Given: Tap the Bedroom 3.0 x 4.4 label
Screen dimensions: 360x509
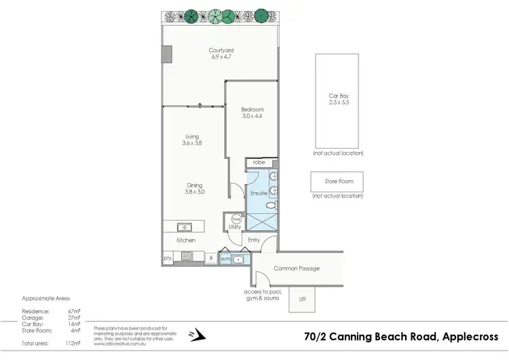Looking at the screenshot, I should (252, 113).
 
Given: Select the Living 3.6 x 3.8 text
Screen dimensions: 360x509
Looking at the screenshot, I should (192, 140).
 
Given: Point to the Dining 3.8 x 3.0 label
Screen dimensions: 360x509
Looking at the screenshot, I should (195, 188).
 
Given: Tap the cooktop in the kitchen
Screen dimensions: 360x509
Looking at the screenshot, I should (187, 256).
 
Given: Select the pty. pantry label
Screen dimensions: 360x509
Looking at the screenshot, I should (167, 258).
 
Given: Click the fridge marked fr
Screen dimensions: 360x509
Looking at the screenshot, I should (212, 258).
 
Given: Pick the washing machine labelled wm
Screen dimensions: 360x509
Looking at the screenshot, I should (225, 258).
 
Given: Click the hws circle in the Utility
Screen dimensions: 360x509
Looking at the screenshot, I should (235, 219).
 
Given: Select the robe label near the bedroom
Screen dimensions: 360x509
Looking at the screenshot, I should (259, 163).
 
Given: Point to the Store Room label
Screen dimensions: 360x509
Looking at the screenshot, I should (337, 181).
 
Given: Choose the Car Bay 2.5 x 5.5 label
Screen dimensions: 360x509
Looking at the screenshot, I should (337, 101).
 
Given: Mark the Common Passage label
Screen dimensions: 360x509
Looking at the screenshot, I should (296, 268).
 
